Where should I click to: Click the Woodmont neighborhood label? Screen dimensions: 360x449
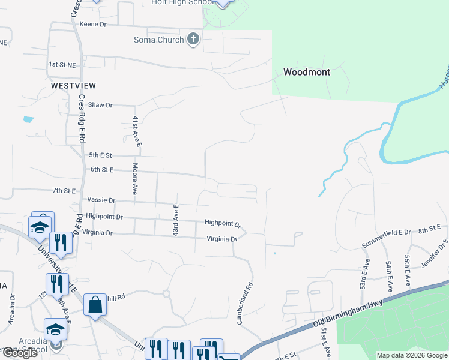[x=306, y=72]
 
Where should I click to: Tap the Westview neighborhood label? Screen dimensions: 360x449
[x=74, y=86]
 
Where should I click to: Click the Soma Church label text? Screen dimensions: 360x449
[x=158, y=40]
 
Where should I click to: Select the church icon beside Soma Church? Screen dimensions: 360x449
[x=193, y=40]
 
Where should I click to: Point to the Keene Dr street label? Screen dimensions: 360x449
[x=93, y=25]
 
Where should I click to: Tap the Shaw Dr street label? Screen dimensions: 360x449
[x=100, y=105]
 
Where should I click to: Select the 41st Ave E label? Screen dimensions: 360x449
[x=137, y=131]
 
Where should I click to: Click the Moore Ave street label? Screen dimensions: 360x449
[x=136, y=179]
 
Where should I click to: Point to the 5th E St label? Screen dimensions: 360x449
[x=100, y=155]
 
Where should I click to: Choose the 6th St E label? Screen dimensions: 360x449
[x=101, y=170]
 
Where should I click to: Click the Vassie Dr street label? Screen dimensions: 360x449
[x=100, y=200]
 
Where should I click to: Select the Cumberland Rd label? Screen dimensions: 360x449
[x=246, y=304]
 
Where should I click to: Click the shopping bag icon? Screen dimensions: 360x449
[x=95, y=306]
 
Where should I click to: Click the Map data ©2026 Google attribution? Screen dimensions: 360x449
[x=411, y=355]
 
